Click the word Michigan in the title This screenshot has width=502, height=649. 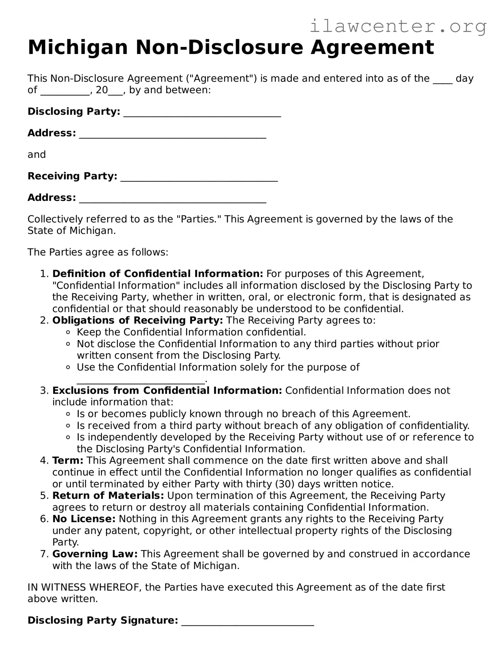pos(78,47)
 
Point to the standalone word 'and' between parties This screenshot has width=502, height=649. pos(37,155)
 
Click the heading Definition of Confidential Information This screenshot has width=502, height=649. pos(157,274)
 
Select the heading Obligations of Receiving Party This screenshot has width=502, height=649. pos(137,320)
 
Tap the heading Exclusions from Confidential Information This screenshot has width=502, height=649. pos(167,390)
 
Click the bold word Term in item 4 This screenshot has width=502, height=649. pos(68,460)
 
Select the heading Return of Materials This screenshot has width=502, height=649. pos(108,495)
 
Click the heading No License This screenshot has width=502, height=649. pos(84,519)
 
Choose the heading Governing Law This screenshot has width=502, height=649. pos(95,554)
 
